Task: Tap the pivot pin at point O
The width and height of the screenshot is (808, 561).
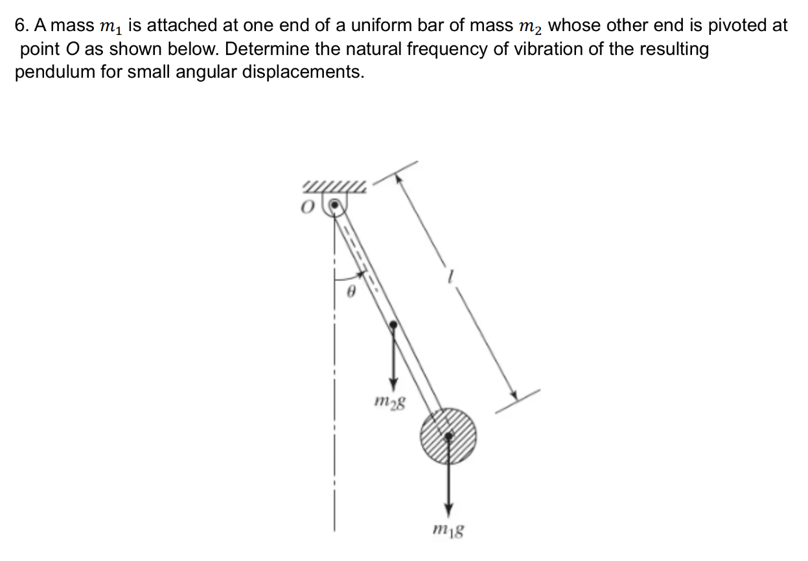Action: click(334, 207)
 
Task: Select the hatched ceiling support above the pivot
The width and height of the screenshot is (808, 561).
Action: click(334, 189)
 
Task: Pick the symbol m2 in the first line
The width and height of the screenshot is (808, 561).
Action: click(532, 27)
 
